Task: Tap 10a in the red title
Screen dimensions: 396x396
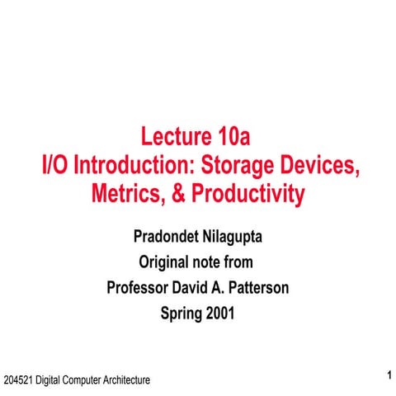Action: [x=243, y=136]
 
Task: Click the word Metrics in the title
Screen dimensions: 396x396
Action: [x=125, y=195]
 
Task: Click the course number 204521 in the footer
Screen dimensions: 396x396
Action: [x=18, y=380]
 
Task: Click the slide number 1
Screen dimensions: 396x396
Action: [x=387, y=376]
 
